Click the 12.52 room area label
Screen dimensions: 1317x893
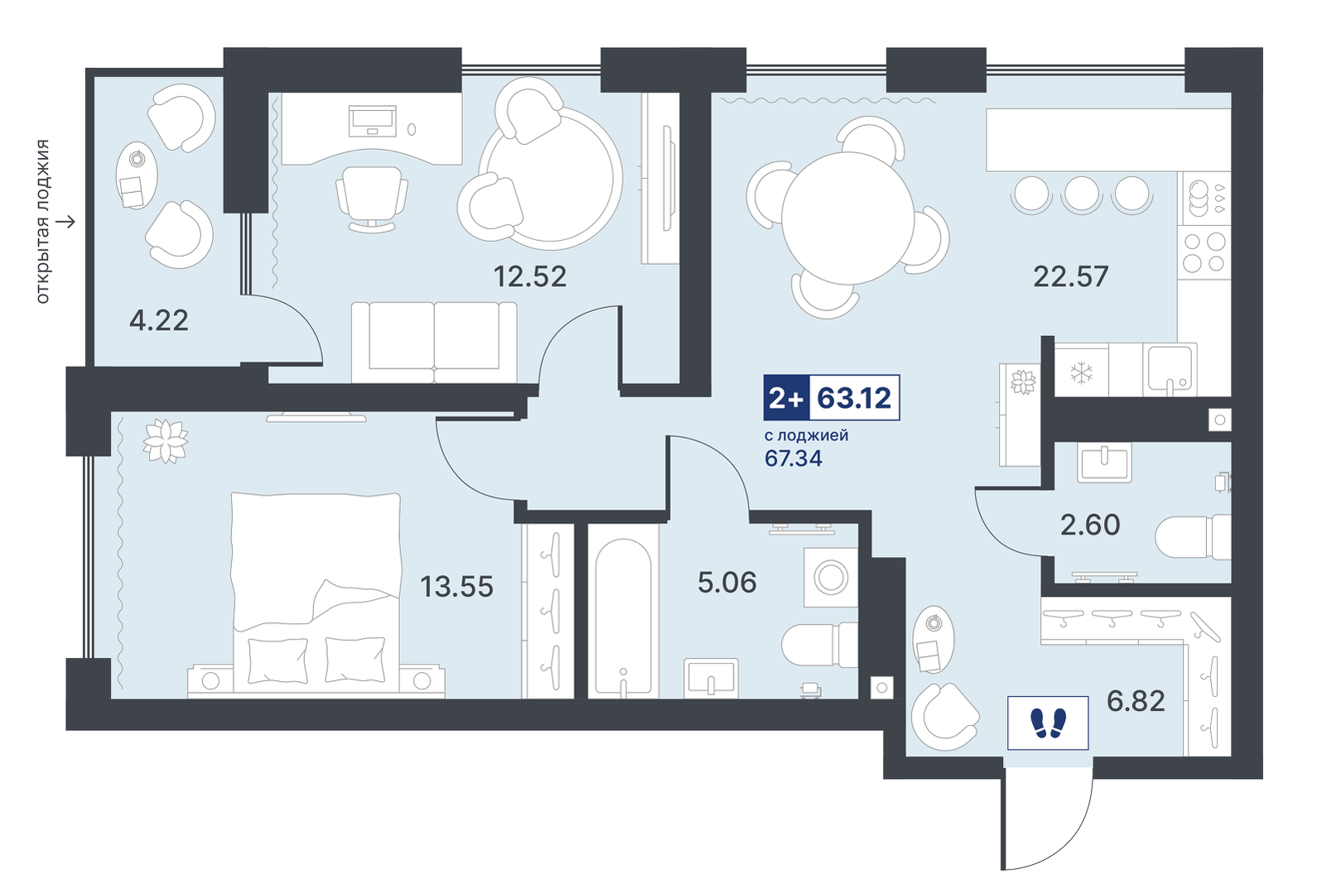point(530,276)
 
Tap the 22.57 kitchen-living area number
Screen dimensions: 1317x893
point(1071,276)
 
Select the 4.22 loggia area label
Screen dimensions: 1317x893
point(159,321)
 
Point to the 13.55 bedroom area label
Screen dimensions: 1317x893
point(456,586)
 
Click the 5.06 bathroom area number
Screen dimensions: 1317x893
point(726,582)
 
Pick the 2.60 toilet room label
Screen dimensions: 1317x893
point(1090,525)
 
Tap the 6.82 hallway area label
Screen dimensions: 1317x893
point(1136,701)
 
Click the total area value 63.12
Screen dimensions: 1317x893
point(854,398)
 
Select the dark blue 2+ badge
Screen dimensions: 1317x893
point(787,398)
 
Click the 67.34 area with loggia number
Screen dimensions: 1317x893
point(794,459)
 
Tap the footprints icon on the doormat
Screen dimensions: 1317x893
point(1048,723)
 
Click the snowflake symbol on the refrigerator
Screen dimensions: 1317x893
point(1081,372)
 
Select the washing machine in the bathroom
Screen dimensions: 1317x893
point(830,577)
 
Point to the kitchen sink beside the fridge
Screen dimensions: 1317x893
point(1170,369)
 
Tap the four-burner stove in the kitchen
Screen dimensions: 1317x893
point(1204,252)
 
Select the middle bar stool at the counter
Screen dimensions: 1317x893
point(1082,193)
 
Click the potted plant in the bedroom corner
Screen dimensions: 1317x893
point(165,441)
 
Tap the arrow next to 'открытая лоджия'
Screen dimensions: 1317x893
point(65,222)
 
